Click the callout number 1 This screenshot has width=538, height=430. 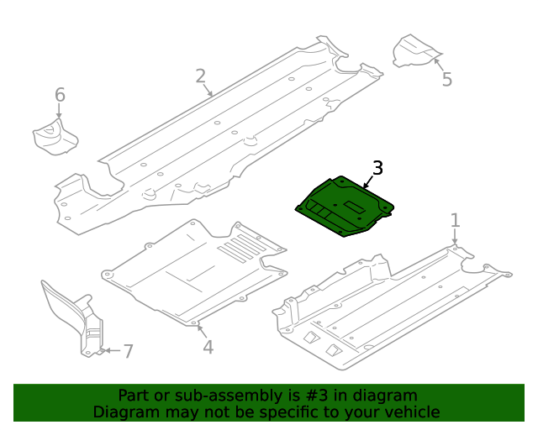455,221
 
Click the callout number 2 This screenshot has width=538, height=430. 200,76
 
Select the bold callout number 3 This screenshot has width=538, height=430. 377,168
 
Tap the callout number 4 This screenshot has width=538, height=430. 207,347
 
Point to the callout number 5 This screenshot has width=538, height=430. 447,80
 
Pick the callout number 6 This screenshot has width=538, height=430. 60,95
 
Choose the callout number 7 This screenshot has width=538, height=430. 128,352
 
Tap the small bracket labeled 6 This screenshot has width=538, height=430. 54,137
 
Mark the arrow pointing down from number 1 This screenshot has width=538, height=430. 455,238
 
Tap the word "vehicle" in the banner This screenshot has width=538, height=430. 411,412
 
